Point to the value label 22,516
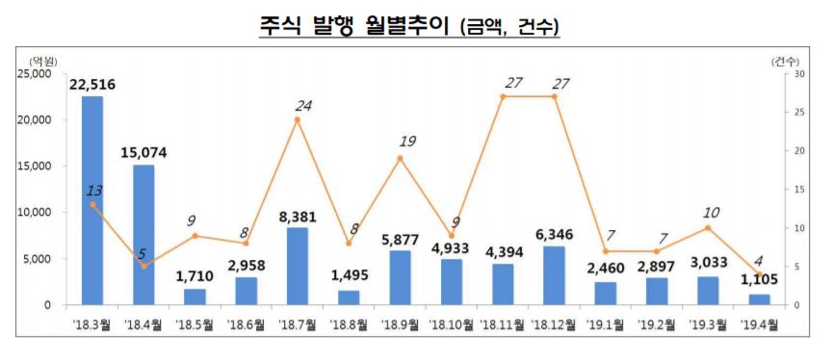tap(92, 85)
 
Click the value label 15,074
tap(143, 152)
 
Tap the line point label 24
tap(304, 106)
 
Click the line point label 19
tap(407, 141)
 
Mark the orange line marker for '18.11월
tap(504, 96)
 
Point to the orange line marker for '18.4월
tap(144, 266)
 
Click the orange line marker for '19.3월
tap(709, 227)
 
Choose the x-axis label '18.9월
tap(401, 325)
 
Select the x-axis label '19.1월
tap(606, 325)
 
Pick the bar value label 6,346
tap(555, 234)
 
